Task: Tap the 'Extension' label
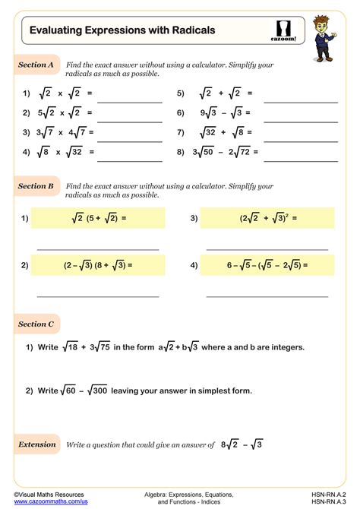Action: (x=37, y=444)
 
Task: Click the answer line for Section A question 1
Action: (x=129, y=100)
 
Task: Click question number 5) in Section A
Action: (x=181, y=94)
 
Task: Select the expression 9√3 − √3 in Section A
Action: (x=222, y=113)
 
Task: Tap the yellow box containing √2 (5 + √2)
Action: (x=98, y=219)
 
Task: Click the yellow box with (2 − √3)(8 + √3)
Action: (x=98, y=265)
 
